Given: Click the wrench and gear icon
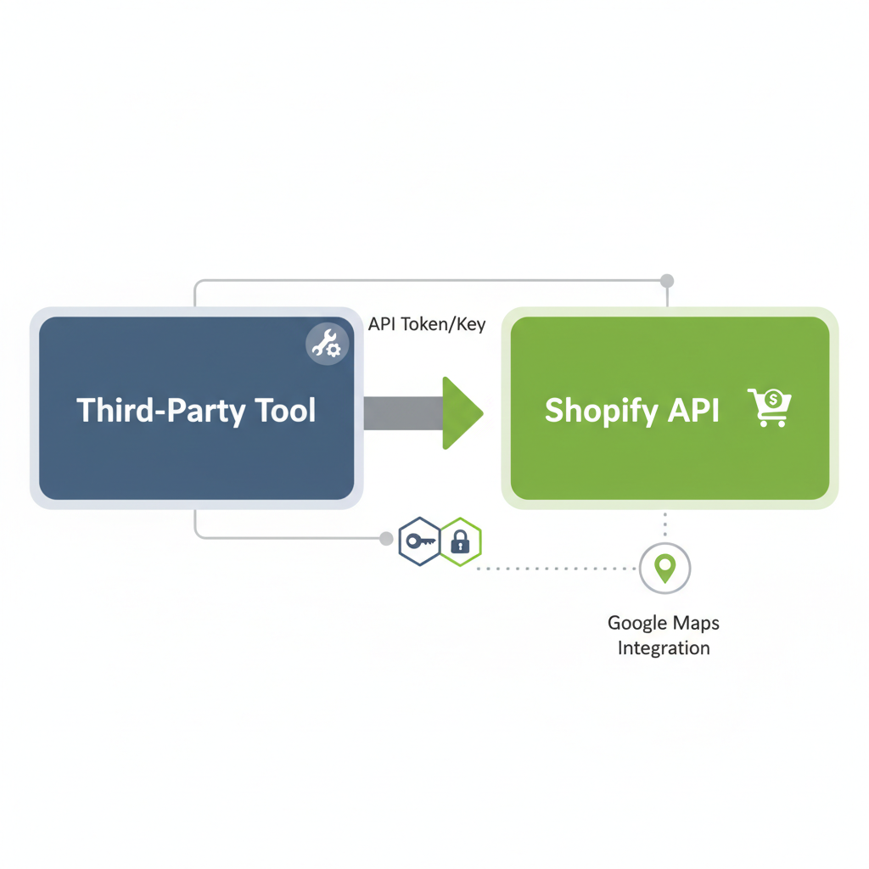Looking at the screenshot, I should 326,345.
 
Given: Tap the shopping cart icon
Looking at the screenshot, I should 769,407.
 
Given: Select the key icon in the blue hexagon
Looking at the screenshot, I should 420,540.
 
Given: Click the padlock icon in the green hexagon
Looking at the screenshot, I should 460,541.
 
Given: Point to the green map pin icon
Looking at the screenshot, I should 664,568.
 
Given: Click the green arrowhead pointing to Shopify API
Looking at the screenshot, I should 461,412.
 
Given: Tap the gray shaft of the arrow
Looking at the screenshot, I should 402,412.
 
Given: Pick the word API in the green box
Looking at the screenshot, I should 693,411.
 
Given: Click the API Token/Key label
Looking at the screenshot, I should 427,324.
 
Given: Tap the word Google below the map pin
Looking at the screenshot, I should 637,623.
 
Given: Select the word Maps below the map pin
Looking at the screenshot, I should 696,623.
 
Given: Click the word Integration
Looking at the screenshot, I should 664,648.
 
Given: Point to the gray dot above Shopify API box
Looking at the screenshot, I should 667,281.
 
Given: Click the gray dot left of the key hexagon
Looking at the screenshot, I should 386,538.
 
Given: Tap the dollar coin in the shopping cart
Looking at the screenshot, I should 772,397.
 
